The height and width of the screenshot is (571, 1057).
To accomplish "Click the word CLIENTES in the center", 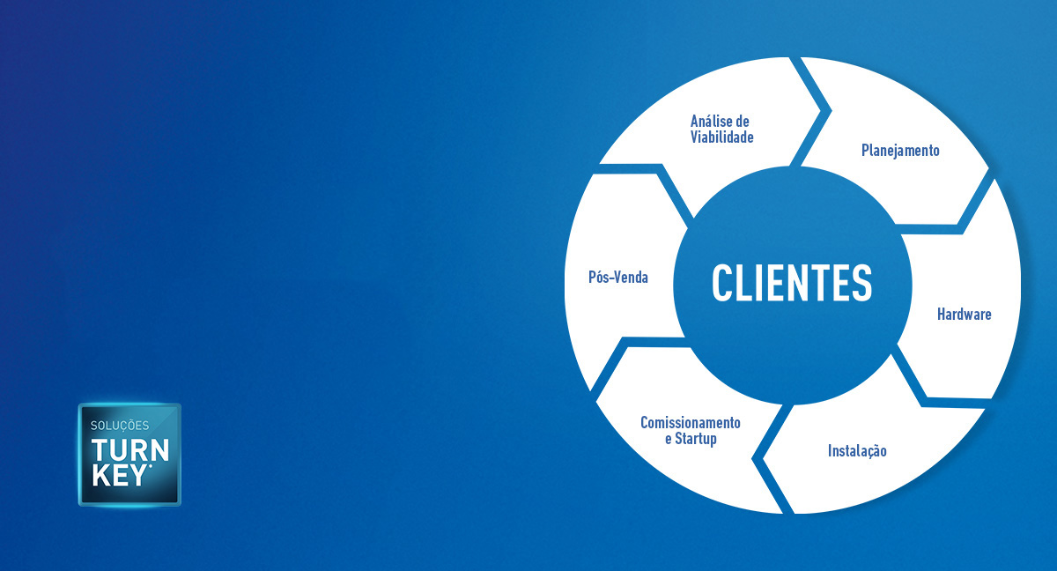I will pyautogui.click(x=792, y=283).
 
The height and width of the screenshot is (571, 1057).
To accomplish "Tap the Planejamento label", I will pyautogui.click(x=900, y=151).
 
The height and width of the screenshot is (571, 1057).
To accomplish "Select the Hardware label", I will pyautogui.click(x=964, y=315).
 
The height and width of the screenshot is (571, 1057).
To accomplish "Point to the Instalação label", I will pyautogui.click(x=857, y=451).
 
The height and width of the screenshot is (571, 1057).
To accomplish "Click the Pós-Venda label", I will pyautogui.click(x=618, y=278).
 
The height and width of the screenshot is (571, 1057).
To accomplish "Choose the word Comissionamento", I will pyautogui.click(x=691, y=423).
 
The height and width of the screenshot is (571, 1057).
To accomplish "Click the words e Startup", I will pyautogui.click(x=691, y=439).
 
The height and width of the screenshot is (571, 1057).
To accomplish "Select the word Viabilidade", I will pyautogui.click(x=722, y=137).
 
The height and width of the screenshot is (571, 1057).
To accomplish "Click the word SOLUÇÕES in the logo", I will pyautogui.click(x=121, y=426).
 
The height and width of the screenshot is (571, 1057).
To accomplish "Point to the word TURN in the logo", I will pyautogui.click(x=129, y=449).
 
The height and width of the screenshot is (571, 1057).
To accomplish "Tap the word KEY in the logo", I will pyautogui.click(x=121, y=475).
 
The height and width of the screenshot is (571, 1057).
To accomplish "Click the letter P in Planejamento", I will pyautogui.click(x=865, y=151).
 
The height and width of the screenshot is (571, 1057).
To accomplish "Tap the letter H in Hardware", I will pyautogui.click(x=941, y=315).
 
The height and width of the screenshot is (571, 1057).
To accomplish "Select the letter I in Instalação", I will pyautogui.click(x=830, y=451).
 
